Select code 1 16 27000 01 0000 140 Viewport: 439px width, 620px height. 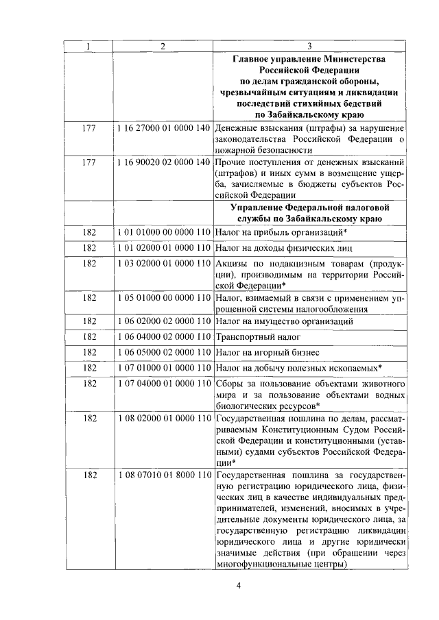tap(163, 128)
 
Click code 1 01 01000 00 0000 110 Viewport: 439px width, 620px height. tap(163, 232)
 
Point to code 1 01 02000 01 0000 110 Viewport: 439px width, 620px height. tap(163, 248)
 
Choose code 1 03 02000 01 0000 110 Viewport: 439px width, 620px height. tap(163, 264)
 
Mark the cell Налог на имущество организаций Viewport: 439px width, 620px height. tap(285, 321)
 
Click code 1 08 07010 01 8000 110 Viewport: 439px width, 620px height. tap(163, 475)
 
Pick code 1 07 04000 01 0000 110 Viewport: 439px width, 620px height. tap(163, 384)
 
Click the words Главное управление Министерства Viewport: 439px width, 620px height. tap(309, 59)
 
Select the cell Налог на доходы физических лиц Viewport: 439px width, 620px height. tap(284, 248)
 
